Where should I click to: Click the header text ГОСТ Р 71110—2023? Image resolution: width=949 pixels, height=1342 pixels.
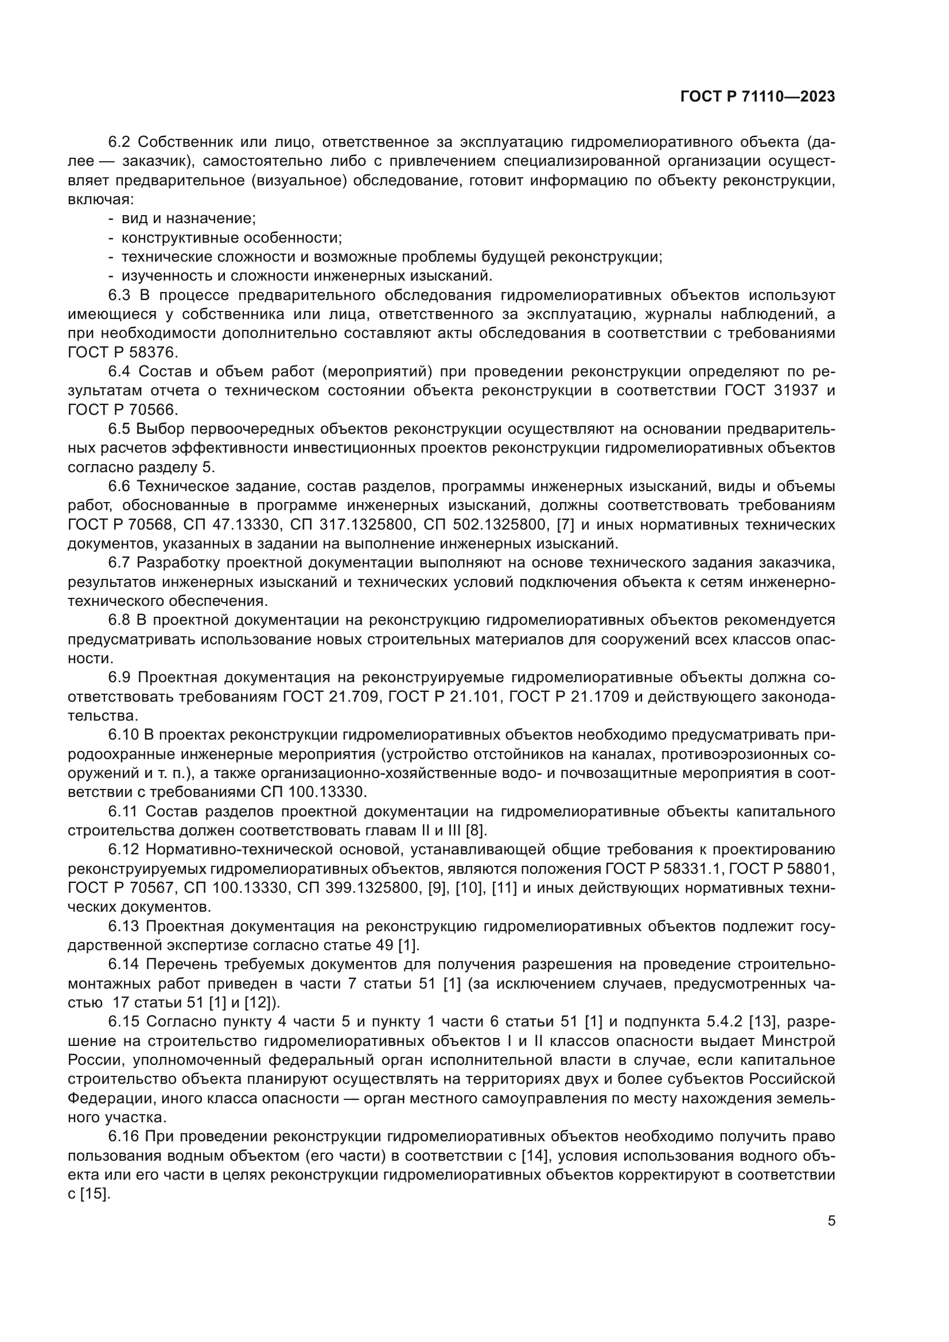click(x=757, y=97)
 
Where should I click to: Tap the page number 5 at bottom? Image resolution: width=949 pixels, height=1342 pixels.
click(x=831, y=1221)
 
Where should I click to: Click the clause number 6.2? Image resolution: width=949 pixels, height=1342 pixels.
click(x=120, y=142)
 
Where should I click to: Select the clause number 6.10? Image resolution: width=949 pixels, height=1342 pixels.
click(x=123, y=735)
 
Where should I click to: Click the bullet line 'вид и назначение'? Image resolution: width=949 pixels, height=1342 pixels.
click(x=188, y=219)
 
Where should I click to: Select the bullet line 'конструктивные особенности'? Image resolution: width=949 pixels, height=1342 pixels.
click(x=231, y=238)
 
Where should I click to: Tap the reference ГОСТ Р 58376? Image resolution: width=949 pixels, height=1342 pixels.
click(x=122, y=352)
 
